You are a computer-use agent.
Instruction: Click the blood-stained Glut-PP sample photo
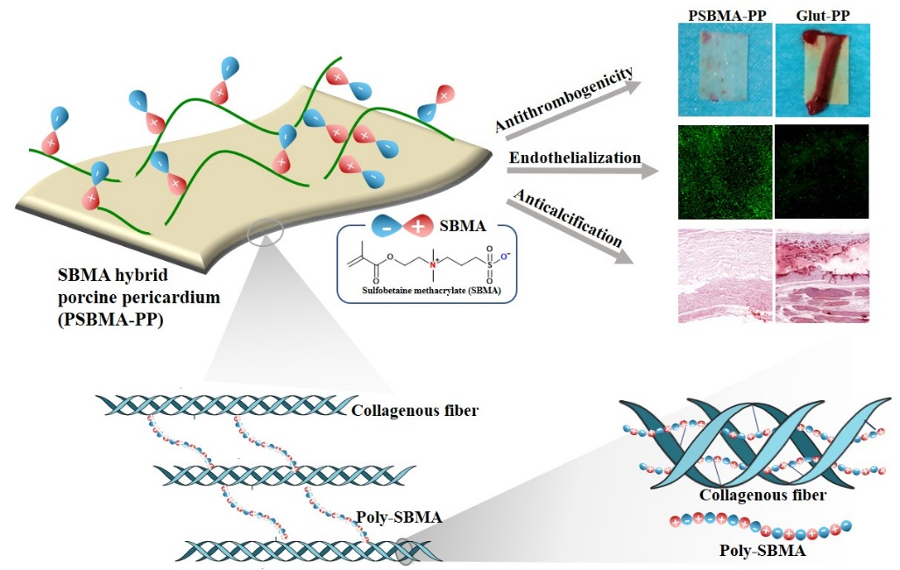point(822,70)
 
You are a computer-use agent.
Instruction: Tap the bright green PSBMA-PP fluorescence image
point(725,172)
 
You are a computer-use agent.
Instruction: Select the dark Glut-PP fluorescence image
point(822,172)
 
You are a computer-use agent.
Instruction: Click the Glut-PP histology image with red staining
point(822,277)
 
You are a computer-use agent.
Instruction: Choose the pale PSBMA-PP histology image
point(725,277)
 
